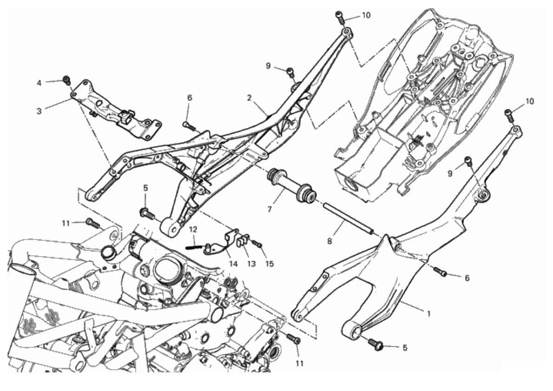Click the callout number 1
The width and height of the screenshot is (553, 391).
(428, 313)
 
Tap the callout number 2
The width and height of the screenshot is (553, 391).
(250, 98)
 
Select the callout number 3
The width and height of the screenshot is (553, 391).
(39, 111)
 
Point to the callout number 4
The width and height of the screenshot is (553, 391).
(39, 83)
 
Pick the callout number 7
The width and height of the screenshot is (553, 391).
(270, 209)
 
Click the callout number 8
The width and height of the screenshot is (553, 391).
(329, 241)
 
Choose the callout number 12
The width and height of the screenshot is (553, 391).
(192, 229)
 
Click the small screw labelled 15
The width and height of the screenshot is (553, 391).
(257, 243)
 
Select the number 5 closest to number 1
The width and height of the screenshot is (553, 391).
(404, 348)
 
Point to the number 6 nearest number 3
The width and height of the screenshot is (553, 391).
(190, 98)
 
